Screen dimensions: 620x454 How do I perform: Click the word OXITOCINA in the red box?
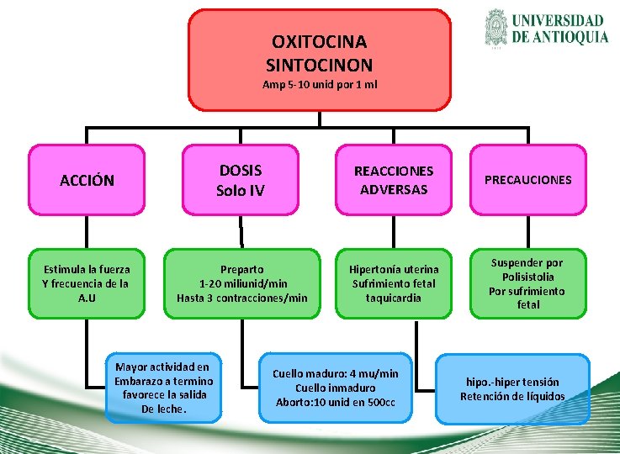pyautogui.click(x=319, y=41)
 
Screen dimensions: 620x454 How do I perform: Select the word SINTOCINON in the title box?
pyautogui.click(x=319, y=64)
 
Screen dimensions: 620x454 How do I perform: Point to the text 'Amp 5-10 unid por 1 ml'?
pyautogui.click(x=319, y=85)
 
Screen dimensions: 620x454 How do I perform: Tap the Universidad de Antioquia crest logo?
pyautogui.click(x=497, y=28)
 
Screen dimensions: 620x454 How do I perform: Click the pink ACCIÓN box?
pyautogui.click(x=87, y=180)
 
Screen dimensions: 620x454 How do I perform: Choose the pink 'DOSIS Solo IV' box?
pyautogui.click(x=240, y=180)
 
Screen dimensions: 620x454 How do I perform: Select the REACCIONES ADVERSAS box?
pyautogui.click(x=394, y=180)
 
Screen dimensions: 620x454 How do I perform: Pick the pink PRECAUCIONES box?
pyautogui.click(x=528, y=180)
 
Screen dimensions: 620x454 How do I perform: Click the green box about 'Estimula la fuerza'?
pyautogui.click(x=87, y=283)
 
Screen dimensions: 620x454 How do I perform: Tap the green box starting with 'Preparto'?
pyautogui.click(x=242, y=283)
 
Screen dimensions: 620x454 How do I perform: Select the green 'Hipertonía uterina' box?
pyautogui.click(x=394, y=283)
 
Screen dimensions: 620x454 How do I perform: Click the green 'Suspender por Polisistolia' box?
pyautogui.click(x=528, y=283)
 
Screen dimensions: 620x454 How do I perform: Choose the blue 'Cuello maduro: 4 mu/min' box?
pyautogui.click(x=336, y=388)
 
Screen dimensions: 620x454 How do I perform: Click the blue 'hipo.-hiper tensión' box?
pyautogui.click(x=512, y=388)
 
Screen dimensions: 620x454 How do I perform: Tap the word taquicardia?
pyautogui.click(x=394, y=298)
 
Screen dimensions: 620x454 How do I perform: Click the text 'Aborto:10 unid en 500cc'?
pyautogui.click(x=336, y=402)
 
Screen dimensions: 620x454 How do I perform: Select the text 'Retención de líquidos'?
pyautogui.click(x=512, y=396)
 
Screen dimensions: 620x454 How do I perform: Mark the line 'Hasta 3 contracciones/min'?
pyautogui.click(x=242, y=298)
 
